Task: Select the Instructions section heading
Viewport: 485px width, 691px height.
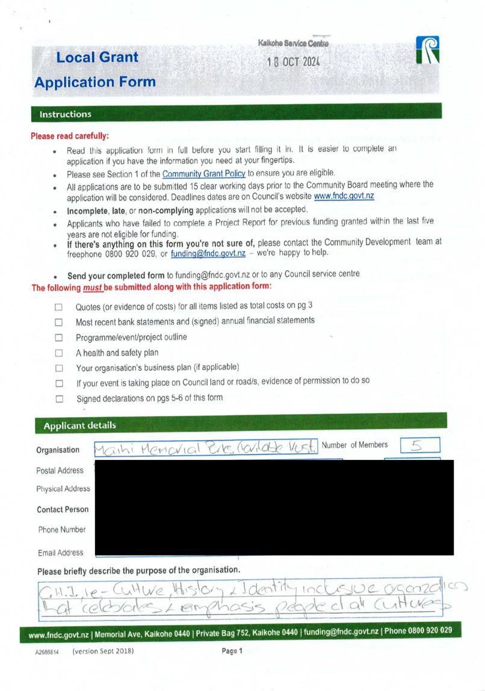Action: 66,114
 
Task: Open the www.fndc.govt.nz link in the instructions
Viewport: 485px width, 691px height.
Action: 344,196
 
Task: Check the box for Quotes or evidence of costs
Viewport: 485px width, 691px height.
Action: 59,306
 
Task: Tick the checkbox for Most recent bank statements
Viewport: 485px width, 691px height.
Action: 59,322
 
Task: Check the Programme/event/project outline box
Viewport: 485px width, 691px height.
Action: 59,338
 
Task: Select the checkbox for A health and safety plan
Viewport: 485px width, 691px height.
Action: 59,353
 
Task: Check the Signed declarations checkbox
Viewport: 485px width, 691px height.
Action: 59,398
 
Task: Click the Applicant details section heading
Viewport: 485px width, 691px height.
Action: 79,426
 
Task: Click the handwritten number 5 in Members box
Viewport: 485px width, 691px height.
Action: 418,446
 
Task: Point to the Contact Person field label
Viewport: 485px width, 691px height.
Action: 63,509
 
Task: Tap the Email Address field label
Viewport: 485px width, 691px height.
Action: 61,553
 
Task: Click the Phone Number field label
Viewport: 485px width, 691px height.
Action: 62,530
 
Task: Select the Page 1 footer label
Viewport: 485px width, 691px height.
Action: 232,651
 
